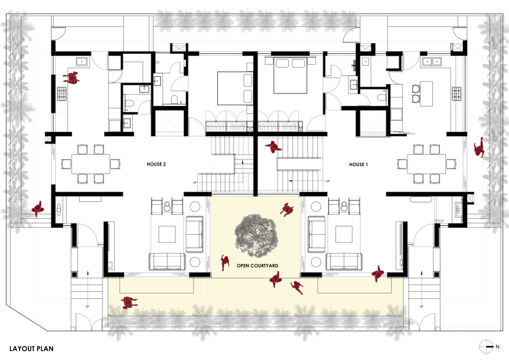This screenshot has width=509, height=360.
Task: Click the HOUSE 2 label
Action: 156,164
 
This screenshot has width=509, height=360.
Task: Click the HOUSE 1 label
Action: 358,165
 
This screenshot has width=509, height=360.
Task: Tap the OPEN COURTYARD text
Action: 257,266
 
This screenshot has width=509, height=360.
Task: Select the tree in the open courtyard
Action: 256,234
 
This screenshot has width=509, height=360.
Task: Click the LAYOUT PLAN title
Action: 31,349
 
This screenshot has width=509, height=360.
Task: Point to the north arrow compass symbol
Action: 486,347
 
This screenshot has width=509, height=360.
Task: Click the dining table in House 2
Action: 90,164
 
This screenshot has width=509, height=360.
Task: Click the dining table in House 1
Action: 426,164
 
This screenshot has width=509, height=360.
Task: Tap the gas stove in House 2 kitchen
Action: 62,94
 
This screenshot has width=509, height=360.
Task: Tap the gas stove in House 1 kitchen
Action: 456,93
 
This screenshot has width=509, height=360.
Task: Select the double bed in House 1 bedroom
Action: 290,75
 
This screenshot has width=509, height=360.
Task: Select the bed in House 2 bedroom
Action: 235,89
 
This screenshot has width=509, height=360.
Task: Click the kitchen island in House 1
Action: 426,93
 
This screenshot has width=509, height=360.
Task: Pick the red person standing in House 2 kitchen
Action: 71,78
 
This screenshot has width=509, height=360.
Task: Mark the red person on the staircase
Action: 273,147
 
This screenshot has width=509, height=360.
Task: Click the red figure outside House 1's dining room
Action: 479,147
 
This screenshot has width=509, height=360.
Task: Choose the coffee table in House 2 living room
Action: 167,234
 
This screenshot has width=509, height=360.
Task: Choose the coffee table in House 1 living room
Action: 344,234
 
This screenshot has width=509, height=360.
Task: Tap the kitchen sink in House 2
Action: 82,61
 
